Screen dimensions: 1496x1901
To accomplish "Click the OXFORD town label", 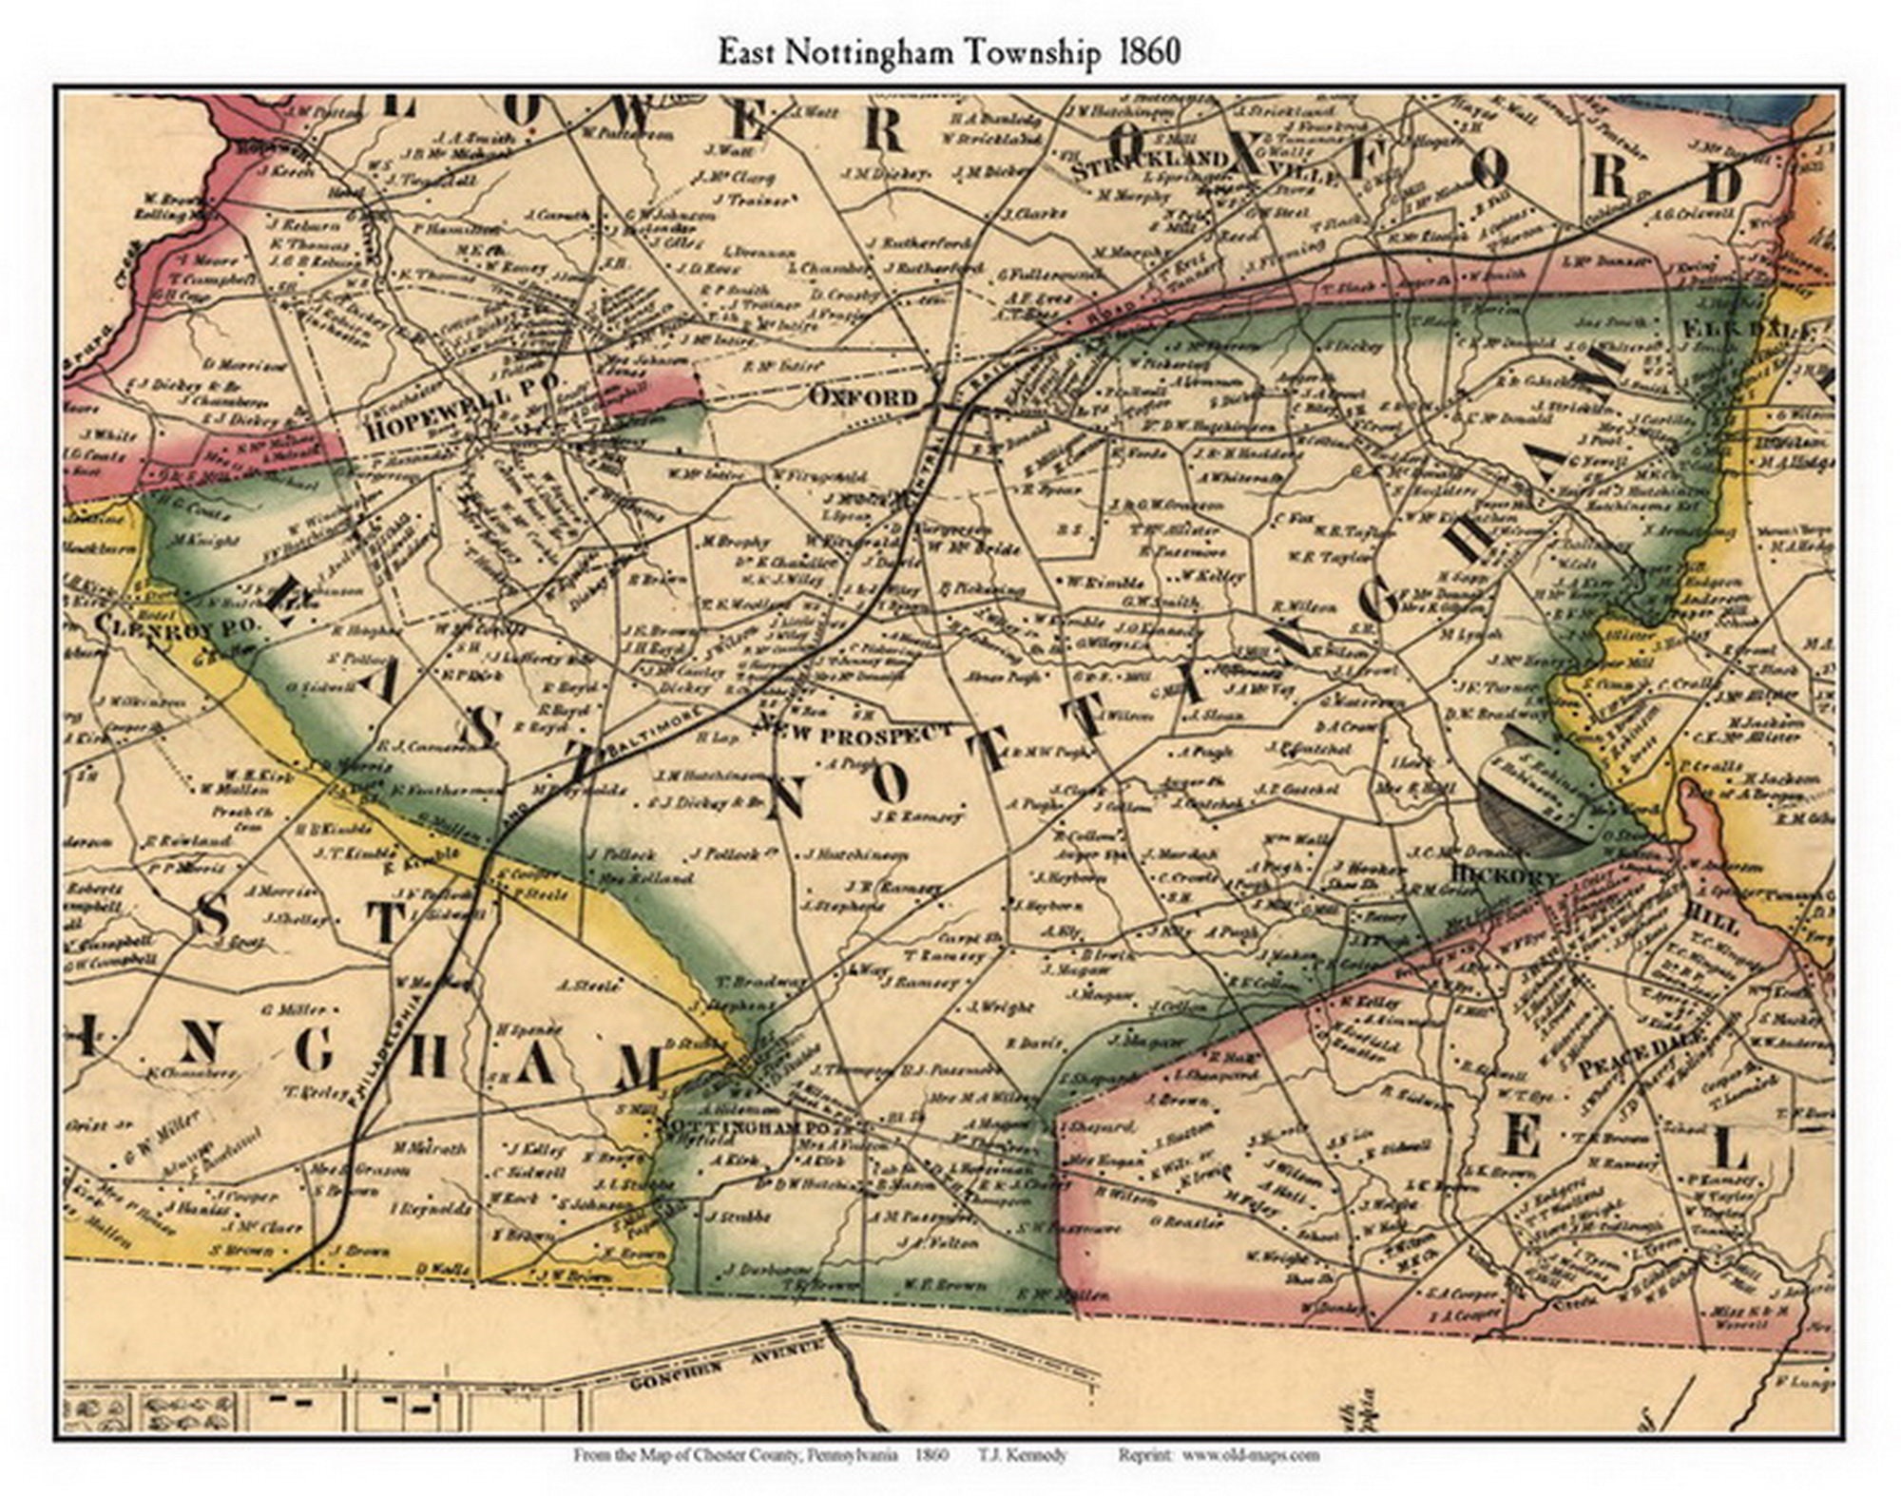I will [863, 396].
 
